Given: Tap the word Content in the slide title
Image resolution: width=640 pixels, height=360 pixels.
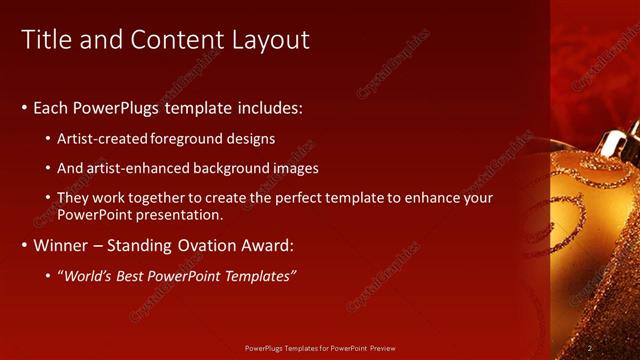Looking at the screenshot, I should pyautogui.click(x=185, y=40).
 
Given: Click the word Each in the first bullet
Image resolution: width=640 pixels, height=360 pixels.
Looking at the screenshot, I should pyautogui.click(x=52, y=107).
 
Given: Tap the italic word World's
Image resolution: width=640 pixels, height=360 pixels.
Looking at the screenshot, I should pyautogui.click(x=88, y=275).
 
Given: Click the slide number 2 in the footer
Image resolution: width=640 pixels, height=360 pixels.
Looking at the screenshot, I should pyautogui.click(x=590, y=347).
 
